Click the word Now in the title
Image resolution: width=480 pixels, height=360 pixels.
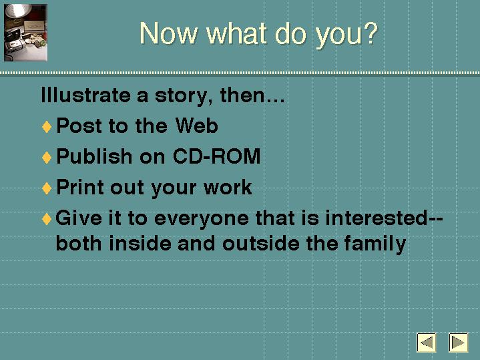pyautogui.click(x=168, y=33)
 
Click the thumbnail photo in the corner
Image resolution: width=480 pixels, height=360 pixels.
pyautogui.click(x=25, y=33)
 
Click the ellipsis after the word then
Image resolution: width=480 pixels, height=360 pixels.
pyautogui.click(x=274, y=100)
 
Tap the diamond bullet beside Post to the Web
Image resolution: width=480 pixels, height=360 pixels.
pyautogui.click(x=47, y=127)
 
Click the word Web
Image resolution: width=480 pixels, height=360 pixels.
pyautogui.click(x=196, y=126)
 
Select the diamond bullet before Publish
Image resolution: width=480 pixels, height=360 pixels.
pyautogui.click(x=47, y=158)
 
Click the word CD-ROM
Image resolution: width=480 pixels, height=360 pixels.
pyautogui.click(x=216, y=156)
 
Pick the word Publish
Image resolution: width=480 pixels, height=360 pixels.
pyautogui.click(x=94, y=156)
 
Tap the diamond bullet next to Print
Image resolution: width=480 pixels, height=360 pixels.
pyautogui.click(x=47, y=188)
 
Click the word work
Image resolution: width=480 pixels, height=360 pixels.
pyautogui.click(x=228, y=187)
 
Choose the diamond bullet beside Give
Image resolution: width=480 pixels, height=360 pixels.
pyautogui.click(x=47, y=219)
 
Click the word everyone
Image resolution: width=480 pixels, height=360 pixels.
pyautogui.click(x=202, y=220)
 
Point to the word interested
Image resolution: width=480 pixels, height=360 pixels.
pyautogui.click(x=377, y=218)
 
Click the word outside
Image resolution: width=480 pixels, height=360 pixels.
pyautogui.click(x=261, y=244)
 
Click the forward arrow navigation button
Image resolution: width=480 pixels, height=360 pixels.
pyautogui.click(x=458, y=342)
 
